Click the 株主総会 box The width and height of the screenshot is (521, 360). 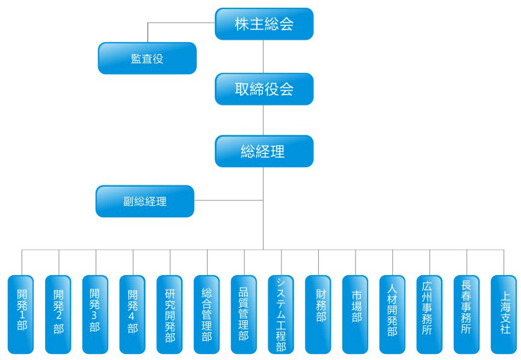point(264,24)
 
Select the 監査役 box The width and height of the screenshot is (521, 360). point(147,58)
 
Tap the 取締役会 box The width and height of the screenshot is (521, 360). point(264,89)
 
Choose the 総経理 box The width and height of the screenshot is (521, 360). point(264,151)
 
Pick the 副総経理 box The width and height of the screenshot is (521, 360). point(145,201)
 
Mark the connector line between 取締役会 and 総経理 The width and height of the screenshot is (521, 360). point(264,120)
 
